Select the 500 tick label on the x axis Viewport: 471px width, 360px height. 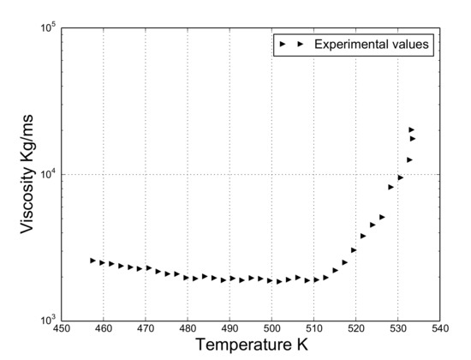[x=271, y=329]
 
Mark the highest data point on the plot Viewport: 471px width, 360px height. [x=412, y=129]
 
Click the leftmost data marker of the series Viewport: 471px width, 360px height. [x=93, y=260]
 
